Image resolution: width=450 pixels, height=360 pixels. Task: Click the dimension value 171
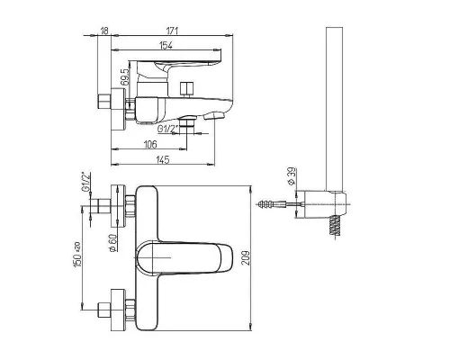[172, 31]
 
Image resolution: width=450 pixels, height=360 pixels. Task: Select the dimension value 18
[104, 31]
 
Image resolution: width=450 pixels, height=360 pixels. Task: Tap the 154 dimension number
[166, 45]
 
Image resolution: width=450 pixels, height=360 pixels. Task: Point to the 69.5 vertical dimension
[125, 76]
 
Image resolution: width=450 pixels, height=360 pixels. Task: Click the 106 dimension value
[150, 144]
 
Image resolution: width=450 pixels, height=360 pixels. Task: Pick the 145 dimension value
[163, 159]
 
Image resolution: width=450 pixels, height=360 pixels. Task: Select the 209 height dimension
[246, 258]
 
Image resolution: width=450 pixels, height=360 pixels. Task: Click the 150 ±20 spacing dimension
[77, 255]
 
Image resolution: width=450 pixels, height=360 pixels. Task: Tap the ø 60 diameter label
[112, 243]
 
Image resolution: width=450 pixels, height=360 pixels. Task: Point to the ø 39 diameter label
[292, 176]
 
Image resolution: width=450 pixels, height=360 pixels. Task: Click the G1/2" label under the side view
[168, 129]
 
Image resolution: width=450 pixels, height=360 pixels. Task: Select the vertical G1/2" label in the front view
[86, 182]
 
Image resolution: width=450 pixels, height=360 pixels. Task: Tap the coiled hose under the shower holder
[335, 227]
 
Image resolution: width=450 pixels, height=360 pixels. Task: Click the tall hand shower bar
[334, 109]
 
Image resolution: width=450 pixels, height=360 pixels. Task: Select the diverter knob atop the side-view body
[186, 89]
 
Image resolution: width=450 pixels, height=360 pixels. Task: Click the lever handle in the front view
[184, 258]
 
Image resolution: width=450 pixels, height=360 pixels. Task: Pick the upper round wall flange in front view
[118, 206]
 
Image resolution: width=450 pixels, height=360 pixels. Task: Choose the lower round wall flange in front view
[118, 310]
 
